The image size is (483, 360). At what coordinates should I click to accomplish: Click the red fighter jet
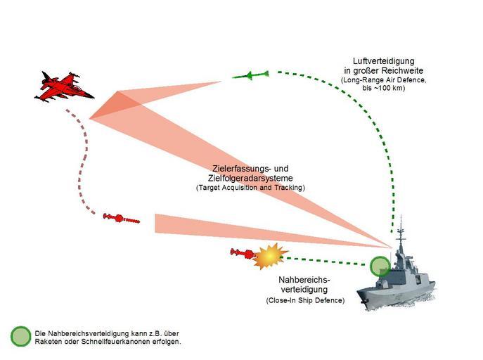63,87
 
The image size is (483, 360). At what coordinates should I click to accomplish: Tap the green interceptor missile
250,75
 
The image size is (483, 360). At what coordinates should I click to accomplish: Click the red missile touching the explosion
243,253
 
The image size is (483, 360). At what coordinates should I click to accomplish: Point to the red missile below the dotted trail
121,219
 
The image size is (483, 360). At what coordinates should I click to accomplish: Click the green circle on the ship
380,266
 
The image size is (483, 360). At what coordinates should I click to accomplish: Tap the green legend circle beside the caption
21,336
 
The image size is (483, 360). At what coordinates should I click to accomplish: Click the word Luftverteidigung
383,60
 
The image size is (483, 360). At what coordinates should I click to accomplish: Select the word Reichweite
403,70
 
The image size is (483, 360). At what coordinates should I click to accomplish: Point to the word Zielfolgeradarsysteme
250,178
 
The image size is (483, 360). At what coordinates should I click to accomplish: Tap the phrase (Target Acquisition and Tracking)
250,188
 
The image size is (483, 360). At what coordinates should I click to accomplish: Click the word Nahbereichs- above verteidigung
304,280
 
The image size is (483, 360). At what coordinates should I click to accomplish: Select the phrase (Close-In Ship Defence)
305,300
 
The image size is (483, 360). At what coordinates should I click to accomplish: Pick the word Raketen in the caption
46,342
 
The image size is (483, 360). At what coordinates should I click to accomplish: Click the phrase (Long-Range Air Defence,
383,80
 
